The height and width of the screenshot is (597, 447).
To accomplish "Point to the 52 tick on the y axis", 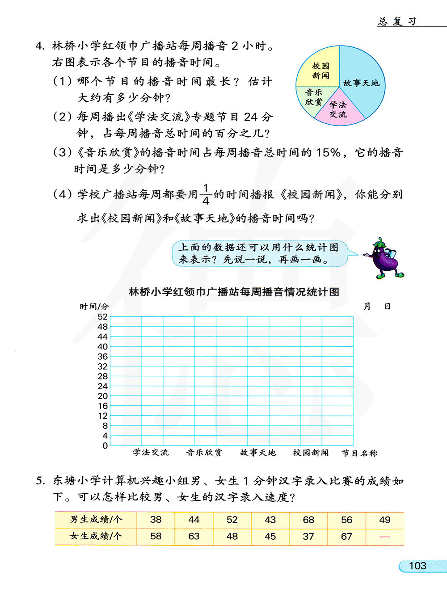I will click(102, 317).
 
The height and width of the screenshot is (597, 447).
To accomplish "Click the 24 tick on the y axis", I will click(102, 386).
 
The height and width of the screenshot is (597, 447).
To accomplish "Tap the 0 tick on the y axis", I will click(105, 446).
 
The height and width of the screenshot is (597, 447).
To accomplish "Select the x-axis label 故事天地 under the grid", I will click(258, 453).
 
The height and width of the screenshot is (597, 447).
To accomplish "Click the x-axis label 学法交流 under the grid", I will click(151, 453).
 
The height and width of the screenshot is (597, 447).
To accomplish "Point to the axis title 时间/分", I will click(94, 307).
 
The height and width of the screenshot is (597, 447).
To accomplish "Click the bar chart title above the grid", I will click(234, 292).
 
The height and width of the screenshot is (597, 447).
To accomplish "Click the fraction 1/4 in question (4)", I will click(206, 194).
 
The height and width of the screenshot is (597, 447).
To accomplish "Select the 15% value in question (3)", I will click(329, 153).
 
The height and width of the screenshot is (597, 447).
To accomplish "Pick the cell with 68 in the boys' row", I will click(308, 520).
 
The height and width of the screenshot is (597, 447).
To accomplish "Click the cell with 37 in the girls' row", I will click(308, 536).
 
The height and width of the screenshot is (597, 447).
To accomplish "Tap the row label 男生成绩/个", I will click(96, 520).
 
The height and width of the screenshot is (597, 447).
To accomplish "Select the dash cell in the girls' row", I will click(384, 536).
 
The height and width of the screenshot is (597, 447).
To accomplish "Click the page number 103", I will click(417, 566).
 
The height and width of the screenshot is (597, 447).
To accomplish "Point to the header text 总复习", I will click(397, 21).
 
